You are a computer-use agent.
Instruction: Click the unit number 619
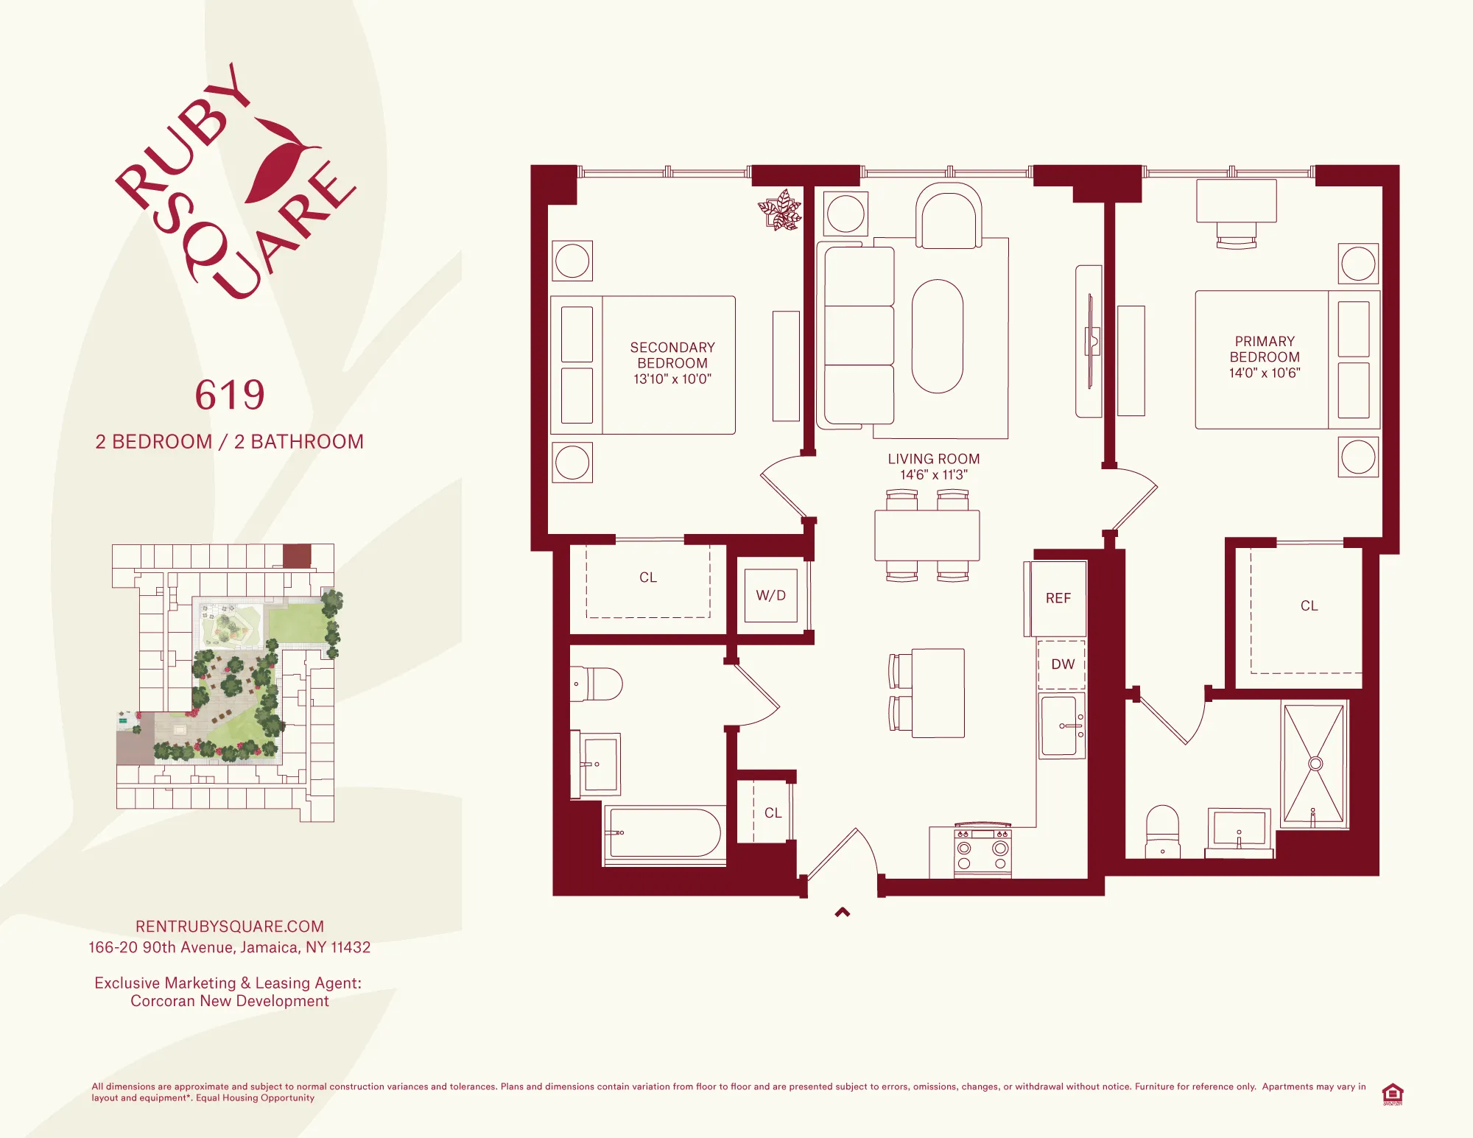click(230, 396)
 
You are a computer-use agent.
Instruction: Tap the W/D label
click(770, 596)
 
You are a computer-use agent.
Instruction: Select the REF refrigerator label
click(1058, 599)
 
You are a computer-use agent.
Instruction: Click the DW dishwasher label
click(1063, 664)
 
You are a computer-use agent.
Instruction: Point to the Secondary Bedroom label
click(672, 355)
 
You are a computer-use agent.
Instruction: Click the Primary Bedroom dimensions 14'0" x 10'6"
click(1265, 373)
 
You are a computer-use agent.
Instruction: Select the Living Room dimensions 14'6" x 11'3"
click(934, 475)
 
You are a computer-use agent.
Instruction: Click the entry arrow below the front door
click(843, 913)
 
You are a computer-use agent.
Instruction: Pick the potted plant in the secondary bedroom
click(780, 211)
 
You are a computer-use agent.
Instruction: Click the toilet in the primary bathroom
click(1163, 832)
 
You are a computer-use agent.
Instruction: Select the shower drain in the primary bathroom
click(1315, 764)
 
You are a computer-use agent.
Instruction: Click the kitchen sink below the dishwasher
click(1061, 726)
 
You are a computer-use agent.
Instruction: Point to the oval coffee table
click(938, 337)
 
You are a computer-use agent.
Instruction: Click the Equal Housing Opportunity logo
click(1392, 1094)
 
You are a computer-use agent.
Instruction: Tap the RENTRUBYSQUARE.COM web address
click(230, 927)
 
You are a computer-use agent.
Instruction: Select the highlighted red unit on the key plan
click(297, 555)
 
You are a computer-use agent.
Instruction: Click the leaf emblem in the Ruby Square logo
click(281, 158)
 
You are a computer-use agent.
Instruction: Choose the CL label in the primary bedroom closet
click(1309, 606)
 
